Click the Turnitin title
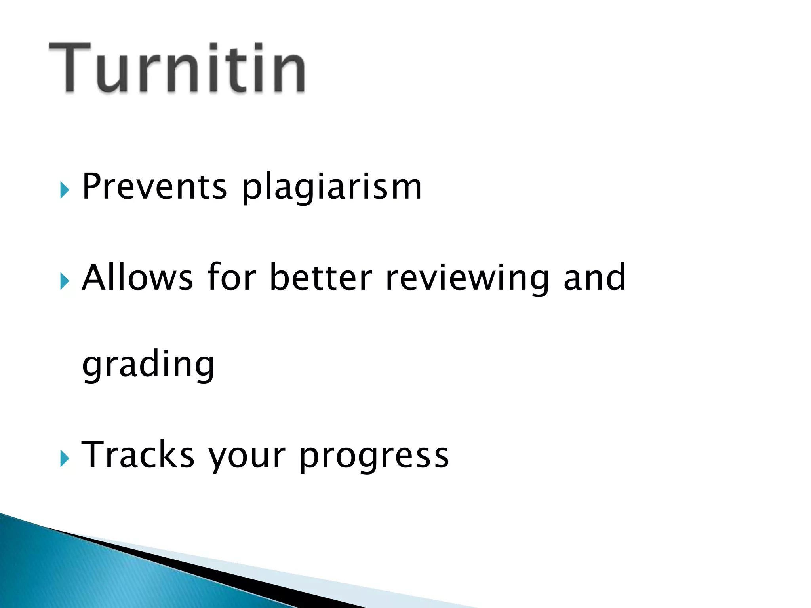[x=177, y=68]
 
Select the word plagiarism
[x=332, y=188]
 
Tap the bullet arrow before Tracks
[x=65, y=459]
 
